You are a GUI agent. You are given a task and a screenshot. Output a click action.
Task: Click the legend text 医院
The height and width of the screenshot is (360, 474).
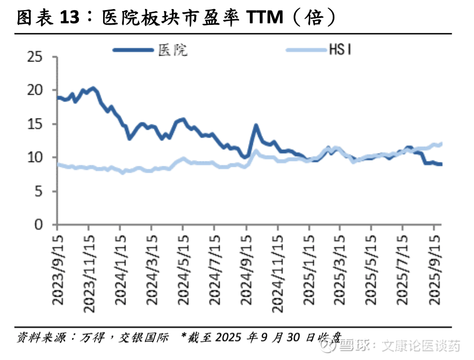[173, 50]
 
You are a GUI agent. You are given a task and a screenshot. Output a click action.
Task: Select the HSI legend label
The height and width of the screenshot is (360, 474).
[341, 50]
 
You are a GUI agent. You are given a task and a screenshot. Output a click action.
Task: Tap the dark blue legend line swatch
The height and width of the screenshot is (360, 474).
[133, 50]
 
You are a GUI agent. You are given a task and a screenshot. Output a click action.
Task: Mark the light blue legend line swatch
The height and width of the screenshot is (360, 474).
[306, 50]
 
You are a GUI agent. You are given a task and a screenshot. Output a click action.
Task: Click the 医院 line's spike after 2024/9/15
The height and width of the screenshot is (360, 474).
[256, 126]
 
